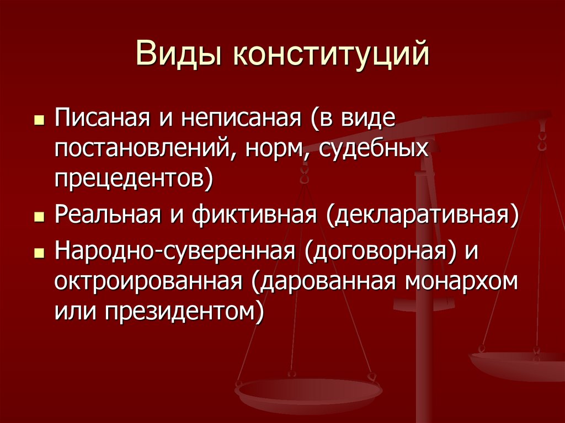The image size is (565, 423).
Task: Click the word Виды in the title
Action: (x=178, y=53)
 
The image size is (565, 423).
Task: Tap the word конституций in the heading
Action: (x=331, y=55)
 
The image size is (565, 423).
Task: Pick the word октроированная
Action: (x=148, y=281)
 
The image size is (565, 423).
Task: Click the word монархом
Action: (x=461, y=282)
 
